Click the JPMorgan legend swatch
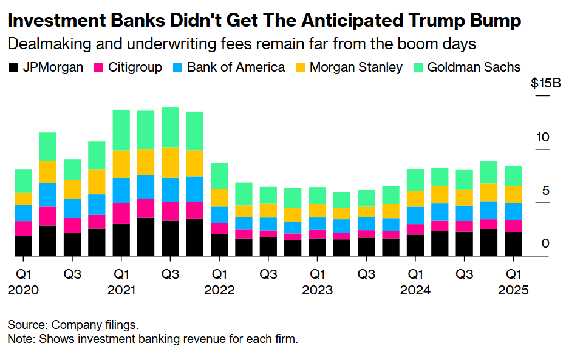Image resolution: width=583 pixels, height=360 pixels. click(15, 67)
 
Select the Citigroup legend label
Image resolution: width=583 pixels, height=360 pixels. click(135, 67)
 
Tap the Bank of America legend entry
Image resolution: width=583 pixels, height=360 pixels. click(236, 67)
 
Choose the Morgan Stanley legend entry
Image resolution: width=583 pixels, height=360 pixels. click(356, 67)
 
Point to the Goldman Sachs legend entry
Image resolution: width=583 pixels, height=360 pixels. click(474, 67)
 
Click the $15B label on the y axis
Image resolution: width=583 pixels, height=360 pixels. click(545, 84)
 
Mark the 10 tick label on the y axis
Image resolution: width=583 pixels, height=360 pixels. click(542, 138)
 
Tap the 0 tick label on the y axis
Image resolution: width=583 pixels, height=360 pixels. click(545, 243)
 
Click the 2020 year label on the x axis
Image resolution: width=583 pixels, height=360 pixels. click(23, 290)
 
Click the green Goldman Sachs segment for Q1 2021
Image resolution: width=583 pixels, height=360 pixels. click(121, 130)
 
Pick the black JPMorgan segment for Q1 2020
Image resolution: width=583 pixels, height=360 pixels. click(23, 246)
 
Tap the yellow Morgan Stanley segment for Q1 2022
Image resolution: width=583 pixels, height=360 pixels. click(220, 198)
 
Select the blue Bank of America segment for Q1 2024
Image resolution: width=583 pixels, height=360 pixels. click(415, 216)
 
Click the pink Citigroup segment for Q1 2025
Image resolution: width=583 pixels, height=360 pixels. click(514, 226)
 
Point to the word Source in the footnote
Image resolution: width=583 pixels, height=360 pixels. click(26, 324)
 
